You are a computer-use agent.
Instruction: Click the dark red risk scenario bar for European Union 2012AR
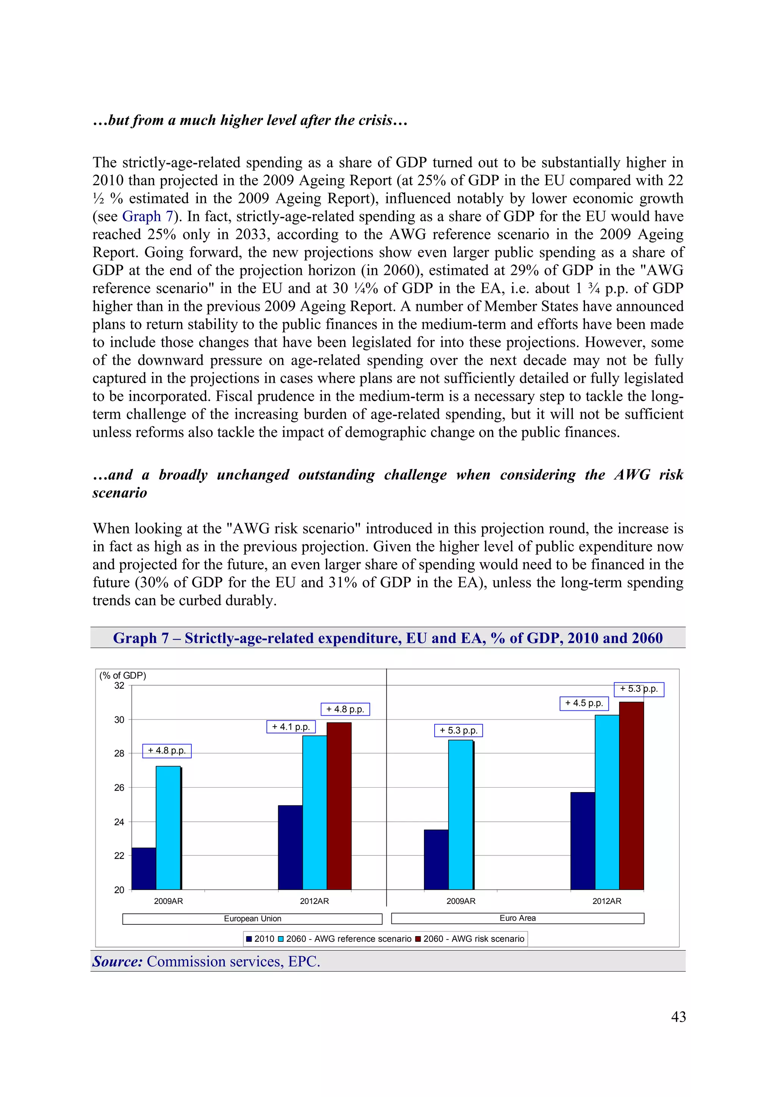click(339, 807)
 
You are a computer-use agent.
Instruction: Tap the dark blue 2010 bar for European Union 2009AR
click(144, 869)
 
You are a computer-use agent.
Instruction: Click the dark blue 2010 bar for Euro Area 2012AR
click(582, 842)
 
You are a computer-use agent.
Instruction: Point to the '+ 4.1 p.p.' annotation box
click(291, 727)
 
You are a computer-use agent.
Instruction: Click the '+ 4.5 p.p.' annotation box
click(584, 703)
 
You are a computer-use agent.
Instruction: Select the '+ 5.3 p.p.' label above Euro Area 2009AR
click(458, 730)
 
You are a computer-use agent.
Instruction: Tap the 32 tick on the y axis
click(119, 686)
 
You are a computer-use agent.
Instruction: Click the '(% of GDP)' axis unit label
click(123, 676)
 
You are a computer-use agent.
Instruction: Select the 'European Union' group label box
click(252, 919)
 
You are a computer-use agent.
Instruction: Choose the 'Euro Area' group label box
click(517, 918)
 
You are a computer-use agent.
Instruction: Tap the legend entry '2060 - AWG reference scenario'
click(345, 939)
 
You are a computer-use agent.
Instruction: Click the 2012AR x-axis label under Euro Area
click(607, 901)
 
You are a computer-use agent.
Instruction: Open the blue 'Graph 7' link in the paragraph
click(148, 217)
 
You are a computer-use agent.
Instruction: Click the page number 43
click(678, 1017)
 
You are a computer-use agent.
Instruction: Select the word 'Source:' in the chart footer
click(117, 961)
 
